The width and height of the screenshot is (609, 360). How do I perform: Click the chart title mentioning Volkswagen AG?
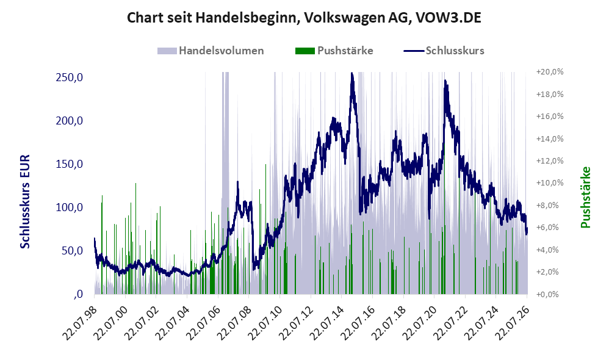click(x=304, y=18)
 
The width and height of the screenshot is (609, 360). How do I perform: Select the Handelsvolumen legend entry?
click(x=211, y=51)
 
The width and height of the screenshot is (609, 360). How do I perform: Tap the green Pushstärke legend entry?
click(x=334, y=51)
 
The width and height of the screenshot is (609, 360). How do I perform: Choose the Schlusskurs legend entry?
click(x=444, y=51)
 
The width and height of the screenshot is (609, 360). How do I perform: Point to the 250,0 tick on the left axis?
click(x=70, y=77)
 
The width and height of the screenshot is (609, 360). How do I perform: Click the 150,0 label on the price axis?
click(x=70, y=164)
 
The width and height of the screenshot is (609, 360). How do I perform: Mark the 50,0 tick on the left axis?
click(x=72, y=251)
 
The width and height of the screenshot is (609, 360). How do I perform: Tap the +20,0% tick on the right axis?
click(x=550, y=72)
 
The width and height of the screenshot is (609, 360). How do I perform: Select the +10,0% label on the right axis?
click(x=550, y=183)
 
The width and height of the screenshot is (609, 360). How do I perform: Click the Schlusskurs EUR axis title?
click(x=25, y=201)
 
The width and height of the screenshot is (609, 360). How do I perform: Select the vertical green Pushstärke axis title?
click(x=586, y=197)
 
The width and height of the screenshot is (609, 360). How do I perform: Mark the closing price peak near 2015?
click(x=352, y=73)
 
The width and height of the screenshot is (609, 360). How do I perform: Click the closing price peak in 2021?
click(x=445, y=81)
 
